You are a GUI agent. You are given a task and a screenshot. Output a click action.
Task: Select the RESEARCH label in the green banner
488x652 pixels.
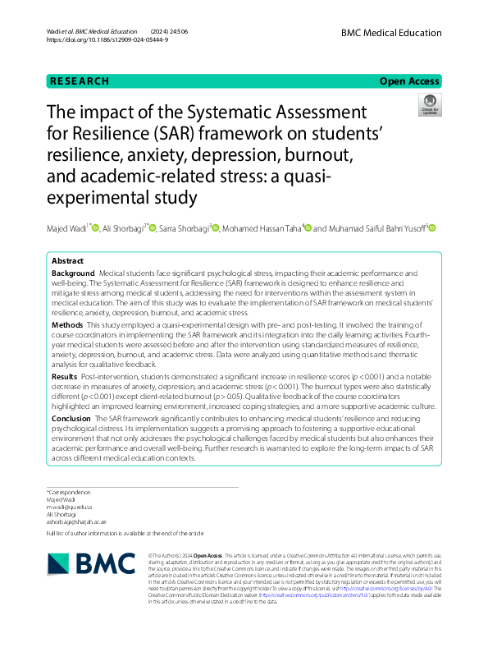coord(79,81)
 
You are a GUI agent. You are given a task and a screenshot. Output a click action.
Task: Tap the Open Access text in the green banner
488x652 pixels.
coord(408,81)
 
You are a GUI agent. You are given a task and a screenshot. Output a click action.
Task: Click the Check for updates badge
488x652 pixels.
coord(429,105)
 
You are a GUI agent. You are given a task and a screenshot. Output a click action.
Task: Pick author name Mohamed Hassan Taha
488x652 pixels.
coord(262,228)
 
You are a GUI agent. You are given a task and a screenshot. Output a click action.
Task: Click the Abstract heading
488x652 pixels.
coord(67,259)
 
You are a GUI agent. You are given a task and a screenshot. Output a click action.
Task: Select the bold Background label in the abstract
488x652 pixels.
coord(72,272)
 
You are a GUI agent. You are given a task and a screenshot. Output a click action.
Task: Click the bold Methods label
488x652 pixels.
coord(67,325)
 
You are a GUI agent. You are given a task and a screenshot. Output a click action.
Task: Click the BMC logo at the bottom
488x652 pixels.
coord(89,562)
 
